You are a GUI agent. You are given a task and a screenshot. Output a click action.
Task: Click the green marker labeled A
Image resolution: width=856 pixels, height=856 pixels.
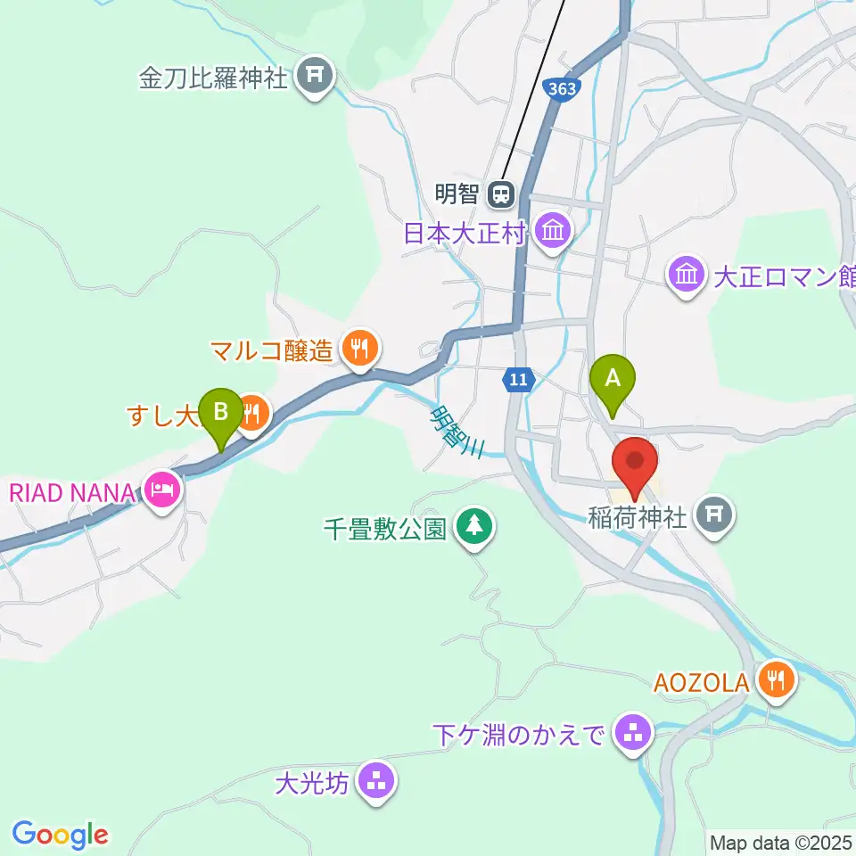(x=613, y=380)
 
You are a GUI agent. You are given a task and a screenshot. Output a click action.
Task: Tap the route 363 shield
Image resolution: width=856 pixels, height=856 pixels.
(x=562, y=90)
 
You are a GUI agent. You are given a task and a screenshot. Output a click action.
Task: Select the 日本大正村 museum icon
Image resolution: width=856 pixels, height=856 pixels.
(x=554, y=233)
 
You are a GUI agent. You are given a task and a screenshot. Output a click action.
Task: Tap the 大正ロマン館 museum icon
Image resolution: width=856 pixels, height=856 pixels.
(x=686, y=275)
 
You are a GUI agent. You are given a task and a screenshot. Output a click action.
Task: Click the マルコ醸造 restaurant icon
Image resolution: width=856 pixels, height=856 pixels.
(x=359, y=349)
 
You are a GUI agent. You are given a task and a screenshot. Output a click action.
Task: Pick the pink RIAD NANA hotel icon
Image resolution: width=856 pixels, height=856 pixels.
(x=164, y=490)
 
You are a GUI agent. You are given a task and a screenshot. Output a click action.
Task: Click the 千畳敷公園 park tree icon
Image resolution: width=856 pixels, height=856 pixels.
(x=473, y=526)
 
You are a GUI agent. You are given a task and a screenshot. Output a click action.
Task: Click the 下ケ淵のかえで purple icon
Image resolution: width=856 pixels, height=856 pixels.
(x=634, y=736)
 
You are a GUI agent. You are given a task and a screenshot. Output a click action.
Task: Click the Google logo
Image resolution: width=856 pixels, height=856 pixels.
(x=60, y=834)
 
